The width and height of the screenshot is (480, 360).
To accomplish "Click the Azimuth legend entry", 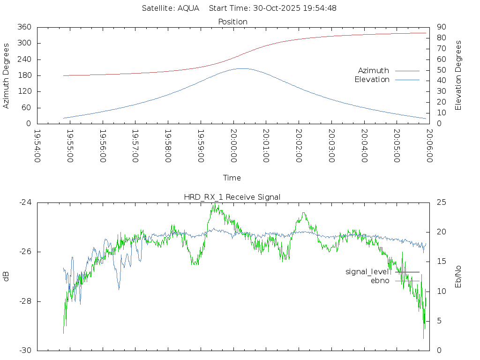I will click(374, 71).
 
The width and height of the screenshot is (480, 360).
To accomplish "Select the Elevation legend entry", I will click(372, 80).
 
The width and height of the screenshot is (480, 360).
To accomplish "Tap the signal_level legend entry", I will click(367, 272).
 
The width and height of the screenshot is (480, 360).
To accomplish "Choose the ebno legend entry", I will click(380, 281).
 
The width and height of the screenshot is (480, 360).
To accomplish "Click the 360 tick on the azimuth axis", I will click(24, 27).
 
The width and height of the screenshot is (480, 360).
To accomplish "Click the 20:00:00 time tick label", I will click(233, 146).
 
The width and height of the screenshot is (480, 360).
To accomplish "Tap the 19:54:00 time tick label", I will click(37, 146).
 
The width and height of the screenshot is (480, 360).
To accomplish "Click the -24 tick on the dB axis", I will click(25, 202).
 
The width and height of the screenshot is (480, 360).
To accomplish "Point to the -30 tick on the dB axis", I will click(25, 351).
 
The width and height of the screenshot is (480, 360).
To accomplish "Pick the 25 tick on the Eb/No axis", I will click(441, 202).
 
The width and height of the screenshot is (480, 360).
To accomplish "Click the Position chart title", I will click(232, 22).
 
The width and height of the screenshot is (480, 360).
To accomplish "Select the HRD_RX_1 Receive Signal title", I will click(232, 197).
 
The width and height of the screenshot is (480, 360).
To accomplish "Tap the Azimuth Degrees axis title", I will click(6, 75).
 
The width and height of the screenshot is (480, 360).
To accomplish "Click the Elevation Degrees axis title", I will click(458, 75).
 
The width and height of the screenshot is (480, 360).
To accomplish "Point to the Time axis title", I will click(232, 178).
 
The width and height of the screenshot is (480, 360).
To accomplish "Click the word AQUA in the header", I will click(188, 8).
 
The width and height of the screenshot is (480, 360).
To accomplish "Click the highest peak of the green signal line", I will click(214, 204).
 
